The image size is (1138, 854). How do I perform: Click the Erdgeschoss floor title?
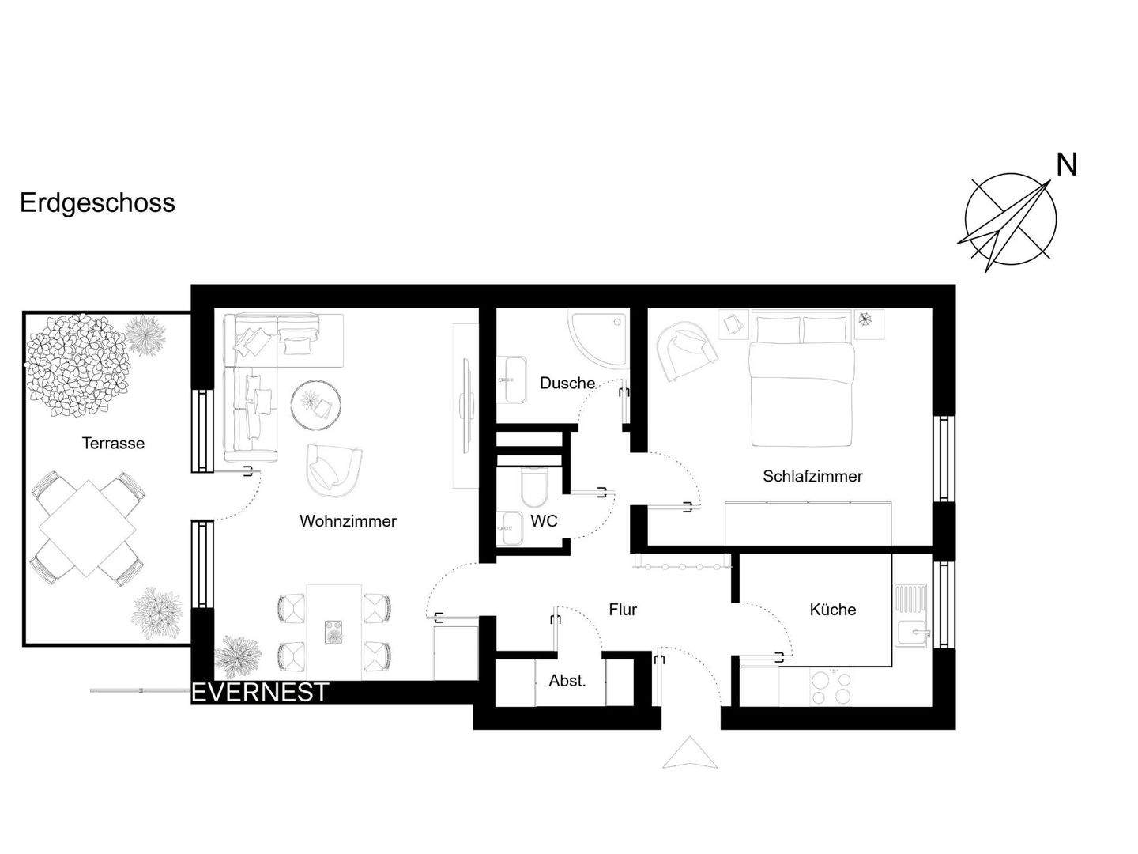[97, 203]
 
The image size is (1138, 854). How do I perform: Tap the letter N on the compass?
[1067, 165]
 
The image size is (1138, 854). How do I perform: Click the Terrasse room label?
[113, 444]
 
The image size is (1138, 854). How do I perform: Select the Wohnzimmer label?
[348, 521]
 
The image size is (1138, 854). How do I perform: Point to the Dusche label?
[567, 384]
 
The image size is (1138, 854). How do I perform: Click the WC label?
[544, 521]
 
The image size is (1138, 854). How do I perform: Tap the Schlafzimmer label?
[812, 476]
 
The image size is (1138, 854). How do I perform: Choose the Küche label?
[833, 610]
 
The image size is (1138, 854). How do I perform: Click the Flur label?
[623, 610]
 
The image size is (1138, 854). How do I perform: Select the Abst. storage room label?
[567, 681]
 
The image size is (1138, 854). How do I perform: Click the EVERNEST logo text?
[260, 693]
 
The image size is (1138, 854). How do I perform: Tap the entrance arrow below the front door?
[690, 753]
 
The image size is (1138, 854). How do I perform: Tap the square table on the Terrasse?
[87, 527]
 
